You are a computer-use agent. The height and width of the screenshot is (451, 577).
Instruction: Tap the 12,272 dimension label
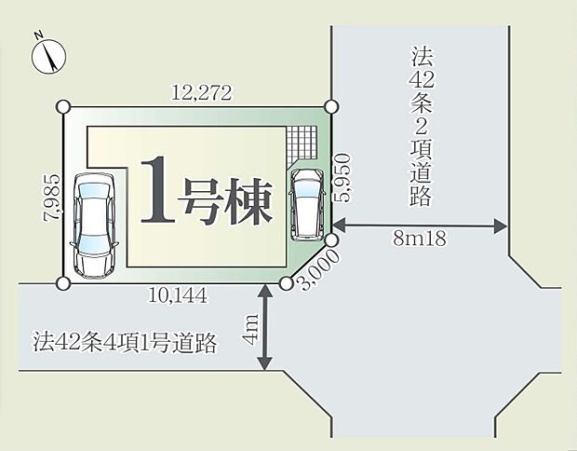201,92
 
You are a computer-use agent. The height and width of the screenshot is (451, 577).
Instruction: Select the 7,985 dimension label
54,197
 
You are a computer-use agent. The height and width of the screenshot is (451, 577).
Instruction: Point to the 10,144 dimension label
177,296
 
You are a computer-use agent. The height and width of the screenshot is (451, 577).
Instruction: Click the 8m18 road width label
420,239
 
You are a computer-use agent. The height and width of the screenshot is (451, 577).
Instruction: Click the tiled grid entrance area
302,145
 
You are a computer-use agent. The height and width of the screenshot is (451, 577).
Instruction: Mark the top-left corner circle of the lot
63,106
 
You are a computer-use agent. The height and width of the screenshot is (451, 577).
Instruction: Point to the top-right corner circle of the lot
329,106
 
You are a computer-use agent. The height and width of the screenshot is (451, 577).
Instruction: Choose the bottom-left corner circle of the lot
63,283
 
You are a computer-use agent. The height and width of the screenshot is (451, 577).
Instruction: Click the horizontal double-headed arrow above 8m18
420,225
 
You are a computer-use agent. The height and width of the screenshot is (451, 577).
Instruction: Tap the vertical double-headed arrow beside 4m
268,328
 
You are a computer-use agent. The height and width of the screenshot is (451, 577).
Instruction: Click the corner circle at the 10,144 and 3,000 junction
287,283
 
